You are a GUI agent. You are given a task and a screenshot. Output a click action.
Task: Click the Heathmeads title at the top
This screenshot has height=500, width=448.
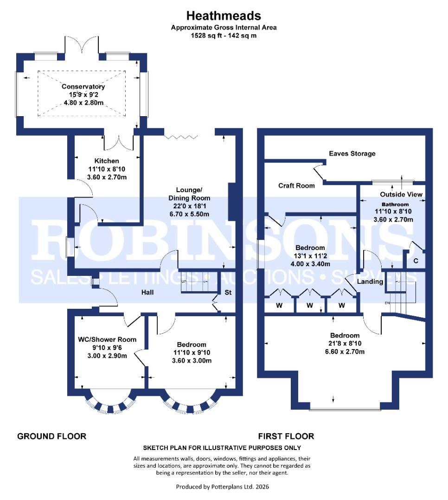tap(224, 16)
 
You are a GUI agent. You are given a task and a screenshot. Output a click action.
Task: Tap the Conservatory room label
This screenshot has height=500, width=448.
tap(83, 87)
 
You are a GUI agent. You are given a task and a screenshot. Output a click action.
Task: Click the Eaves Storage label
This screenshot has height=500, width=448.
tap(352, 153)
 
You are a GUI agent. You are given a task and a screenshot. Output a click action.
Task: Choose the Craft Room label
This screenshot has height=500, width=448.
tap(296, 186)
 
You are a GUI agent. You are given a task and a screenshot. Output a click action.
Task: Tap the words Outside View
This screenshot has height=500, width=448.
tap(401, 194)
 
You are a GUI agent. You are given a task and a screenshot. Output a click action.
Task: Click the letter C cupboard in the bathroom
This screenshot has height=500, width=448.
tap(416, 261)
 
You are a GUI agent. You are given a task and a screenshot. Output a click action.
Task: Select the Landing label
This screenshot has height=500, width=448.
tap(371, 281)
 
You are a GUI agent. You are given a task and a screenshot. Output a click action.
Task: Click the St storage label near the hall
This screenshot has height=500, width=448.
tap(228, 293)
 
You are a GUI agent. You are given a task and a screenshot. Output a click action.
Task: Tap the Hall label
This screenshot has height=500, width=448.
tap(147, 292)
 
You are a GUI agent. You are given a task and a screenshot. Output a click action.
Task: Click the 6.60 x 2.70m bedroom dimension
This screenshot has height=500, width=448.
tap(345, 352)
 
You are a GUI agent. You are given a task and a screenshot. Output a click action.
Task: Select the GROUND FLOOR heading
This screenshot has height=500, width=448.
tap(51, 436)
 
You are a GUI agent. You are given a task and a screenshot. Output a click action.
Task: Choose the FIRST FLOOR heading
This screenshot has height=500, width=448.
tap(286, 436)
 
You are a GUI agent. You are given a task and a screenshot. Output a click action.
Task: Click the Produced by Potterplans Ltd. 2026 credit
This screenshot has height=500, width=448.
tap(223, 487)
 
